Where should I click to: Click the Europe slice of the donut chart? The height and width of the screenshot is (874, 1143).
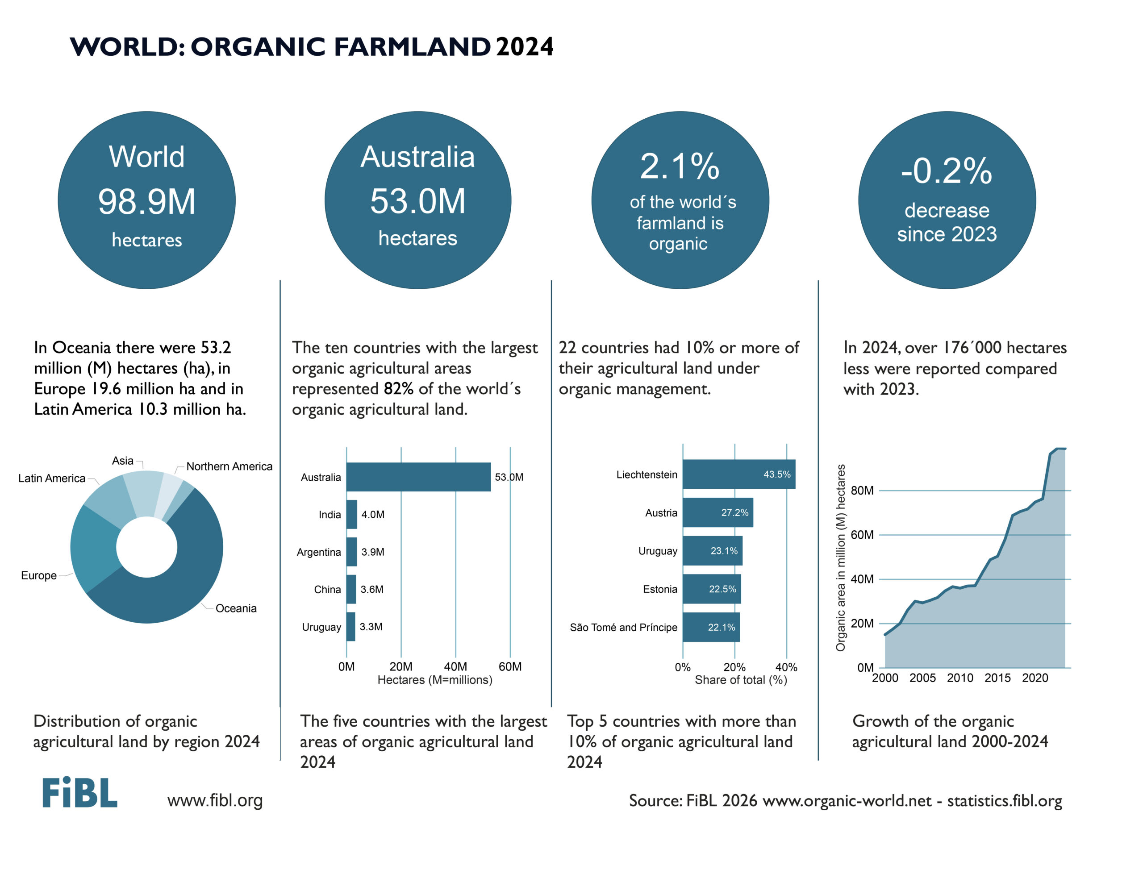pyautogui.click(x=94, y=546)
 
